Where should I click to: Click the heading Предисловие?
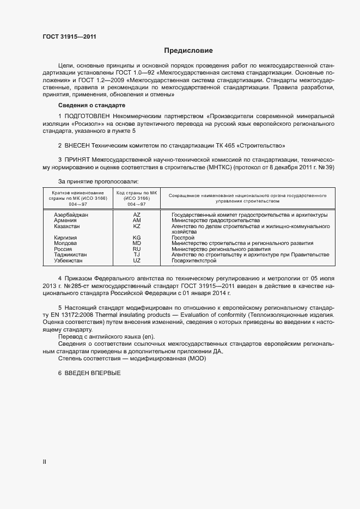pos(188,51)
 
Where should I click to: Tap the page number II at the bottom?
pos(45,462)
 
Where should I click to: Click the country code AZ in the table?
pos(137,215)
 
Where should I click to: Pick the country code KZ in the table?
pos(137,226)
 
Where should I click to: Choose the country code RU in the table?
pos(137,249)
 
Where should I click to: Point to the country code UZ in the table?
pos(137,261)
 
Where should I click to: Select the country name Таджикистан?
pos(70,255)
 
